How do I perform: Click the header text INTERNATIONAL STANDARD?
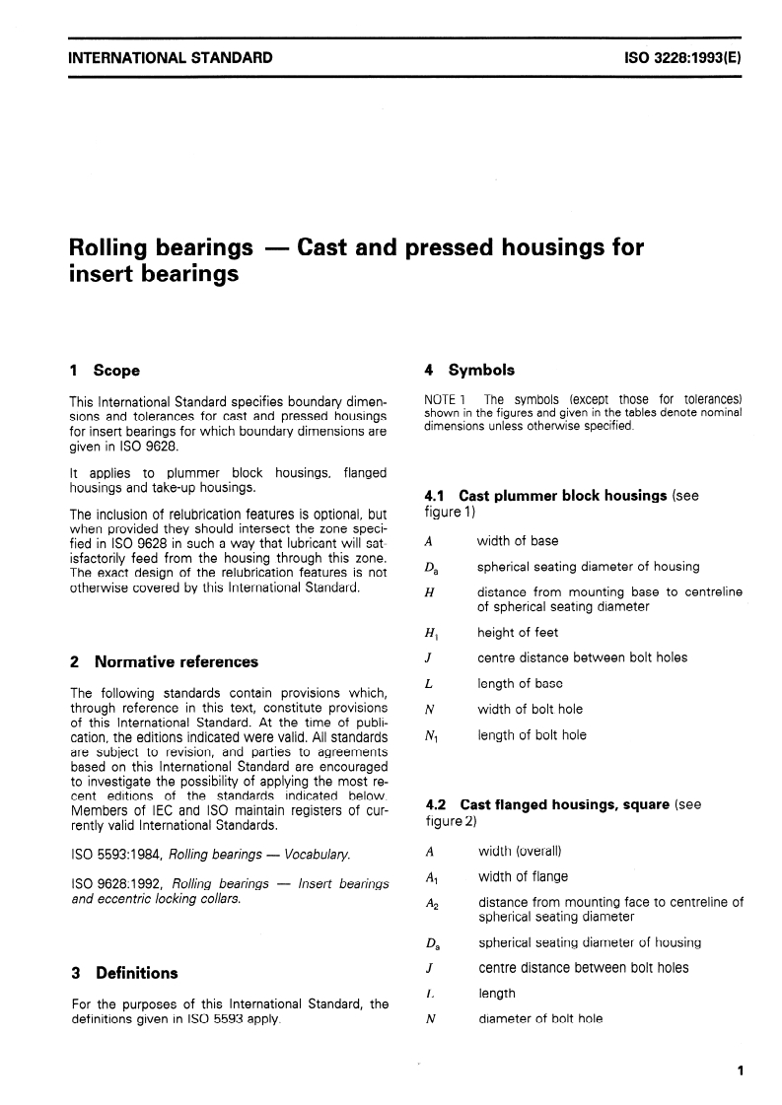pyautogui.click(x=171, y=58)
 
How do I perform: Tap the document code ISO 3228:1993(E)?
pyautogui.click(x=682, y=58)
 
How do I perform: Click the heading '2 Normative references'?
pyautogui.click(x=164, y=661)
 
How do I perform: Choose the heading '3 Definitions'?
pyautogui.click(x=124, y=973)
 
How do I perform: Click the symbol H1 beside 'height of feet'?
pyautogui.click(x=430, y=633)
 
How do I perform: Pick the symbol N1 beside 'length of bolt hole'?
pyautogui.click(x=431, y=735)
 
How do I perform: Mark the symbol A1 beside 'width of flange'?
pyautogui.click(x=431, y=877)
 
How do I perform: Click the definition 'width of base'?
pyautogui.click(x=517, y=541)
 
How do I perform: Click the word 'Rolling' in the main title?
pyautogui.click(x=109, y=246)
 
